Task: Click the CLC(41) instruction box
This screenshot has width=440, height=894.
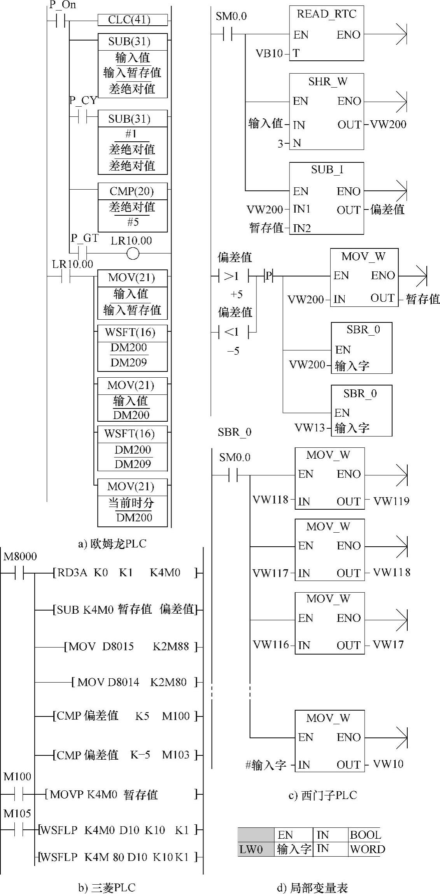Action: click(132, 20)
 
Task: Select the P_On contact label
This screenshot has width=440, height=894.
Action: click(63, 5)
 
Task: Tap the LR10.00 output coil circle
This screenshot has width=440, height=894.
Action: click(133, 254)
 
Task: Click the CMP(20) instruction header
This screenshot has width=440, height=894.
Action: click(132, 191)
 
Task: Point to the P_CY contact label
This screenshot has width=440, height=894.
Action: click(83, 100)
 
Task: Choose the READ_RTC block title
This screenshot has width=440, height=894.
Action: click(326, 14)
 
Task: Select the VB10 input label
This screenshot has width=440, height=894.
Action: click(269, 53)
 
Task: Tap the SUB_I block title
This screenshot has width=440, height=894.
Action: click(327, 169)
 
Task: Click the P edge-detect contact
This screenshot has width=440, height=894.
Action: click(269, 276)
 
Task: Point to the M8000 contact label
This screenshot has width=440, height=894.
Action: click(20, 556)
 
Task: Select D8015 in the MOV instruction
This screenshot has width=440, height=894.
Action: click(118, 647)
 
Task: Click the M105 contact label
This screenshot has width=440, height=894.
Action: click(17, 813)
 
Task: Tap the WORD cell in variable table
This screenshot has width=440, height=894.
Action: click(367, 849)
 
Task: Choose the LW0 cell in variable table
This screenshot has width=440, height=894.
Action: click(251, 849)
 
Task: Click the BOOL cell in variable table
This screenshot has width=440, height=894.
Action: click(365, 835)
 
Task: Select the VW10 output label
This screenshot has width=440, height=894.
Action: click(388, 764)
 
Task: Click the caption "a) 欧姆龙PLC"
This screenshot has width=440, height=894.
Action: click(112, 544)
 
